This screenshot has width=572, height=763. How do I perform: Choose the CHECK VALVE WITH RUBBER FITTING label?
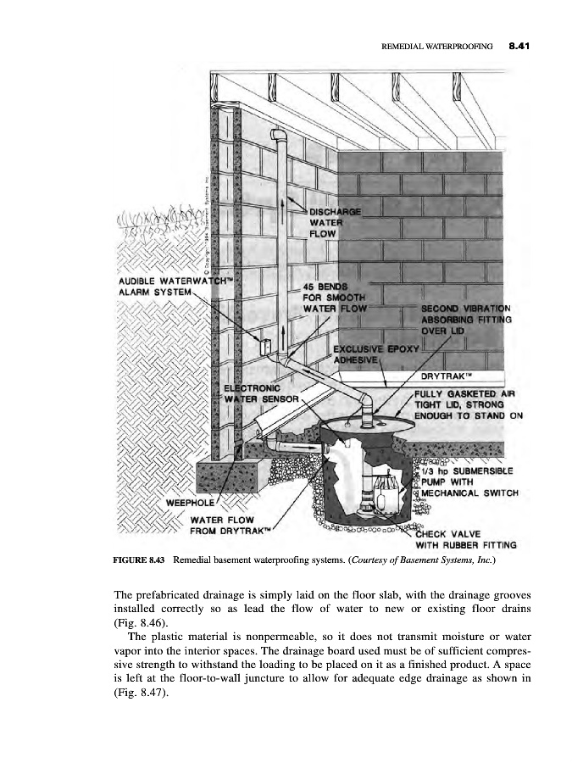(470, 538)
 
